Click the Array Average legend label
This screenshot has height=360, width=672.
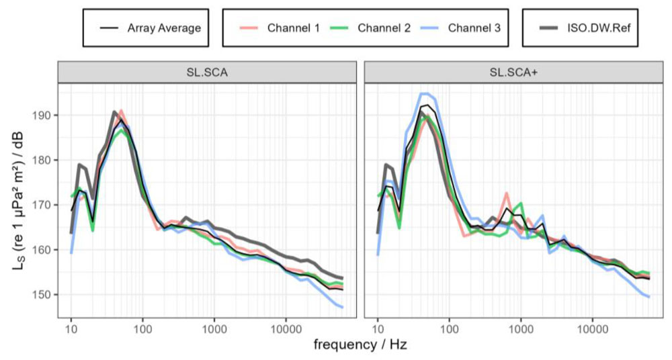[164, 28]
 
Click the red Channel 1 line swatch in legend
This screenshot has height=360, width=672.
[250, 28]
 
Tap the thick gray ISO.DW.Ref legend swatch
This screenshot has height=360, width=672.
[550, 28]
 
